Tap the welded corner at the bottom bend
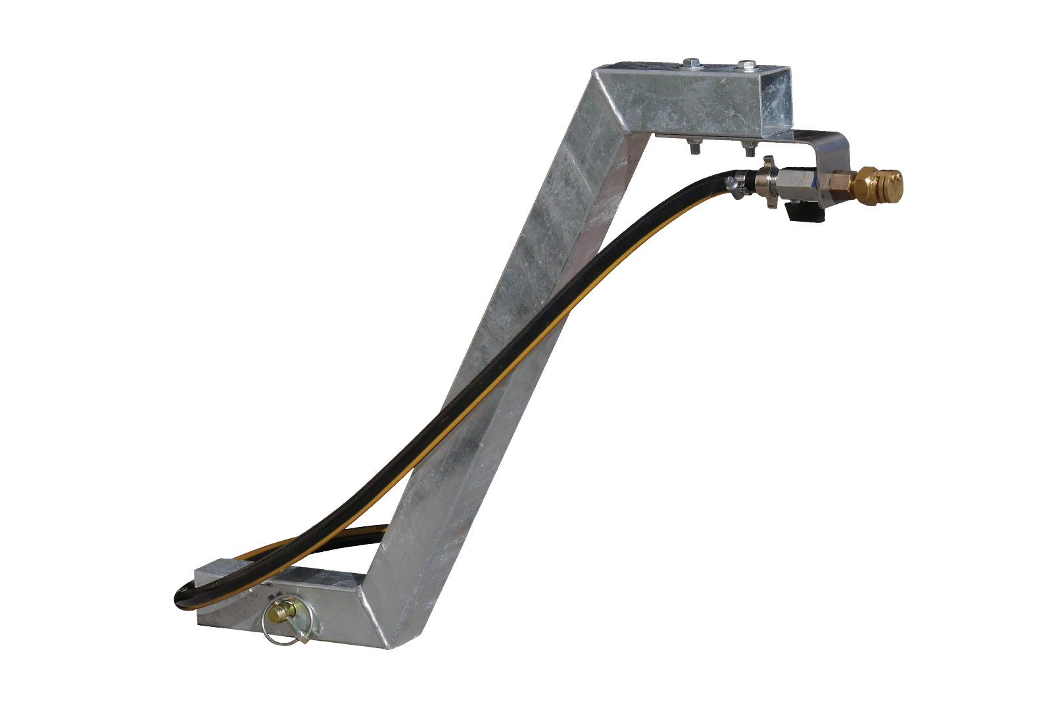point(381,612)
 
